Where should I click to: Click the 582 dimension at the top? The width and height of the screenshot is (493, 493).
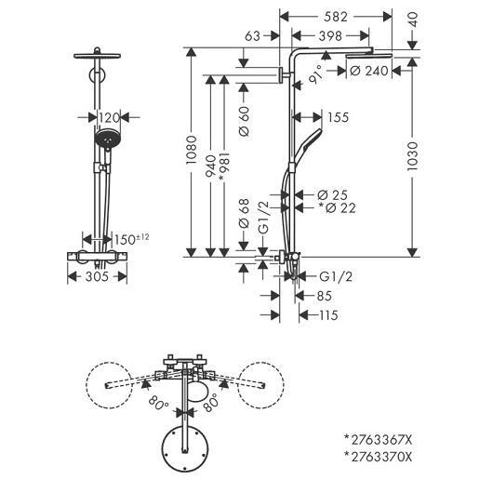(336, 17)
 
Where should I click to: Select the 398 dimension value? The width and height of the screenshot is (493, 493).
(330, 36)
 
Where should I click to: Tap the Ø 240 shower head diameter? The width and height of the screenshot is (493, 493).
(368, 71)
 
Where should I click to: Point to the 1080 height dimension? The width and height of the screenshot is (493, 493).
(192, 150)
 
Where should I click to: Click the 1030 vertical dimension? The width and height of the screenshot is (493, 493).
(412, 156)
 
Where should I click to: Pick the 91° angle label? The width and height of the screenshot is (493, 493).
(315, 74)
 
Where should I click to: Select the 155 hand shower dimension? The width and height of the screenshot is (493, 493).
(339, 117)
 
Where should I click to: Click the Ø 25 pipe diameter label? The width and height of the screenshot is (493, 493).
(332, 195)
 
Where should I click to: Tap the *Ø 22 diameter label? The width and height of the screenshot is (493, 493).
(337, 207)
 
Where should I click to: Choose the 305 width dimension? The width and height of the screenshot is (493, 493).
(97, 276)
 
